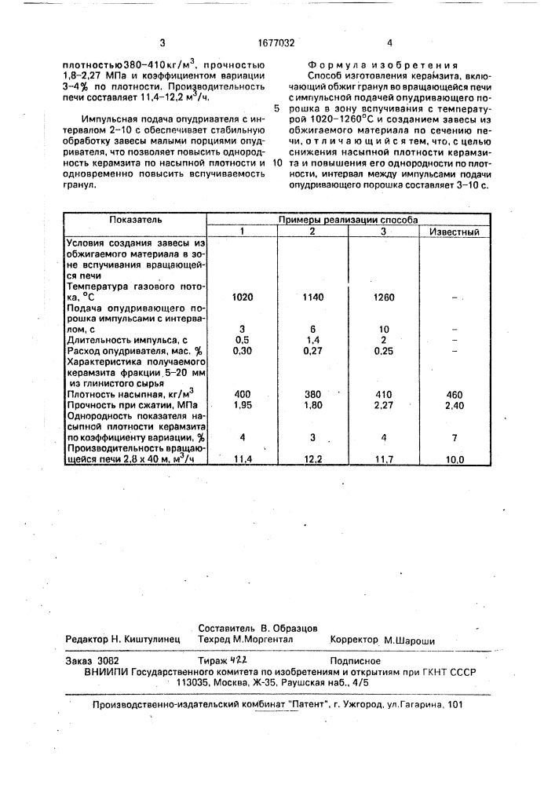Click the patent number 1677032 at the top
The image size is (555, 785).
(x=276, y=43)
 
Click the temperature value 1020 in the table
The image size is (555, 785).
(x=243, y=298)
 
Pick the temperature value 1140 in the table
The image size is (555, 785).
(x=312, y=298)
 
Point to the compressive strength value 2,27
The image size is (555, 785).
(x=383, y=406)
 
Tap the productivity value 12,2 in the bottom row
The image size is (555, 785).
(x=312, y=458)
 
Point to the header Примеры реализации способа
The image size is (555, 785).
(x=348, y=221)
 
